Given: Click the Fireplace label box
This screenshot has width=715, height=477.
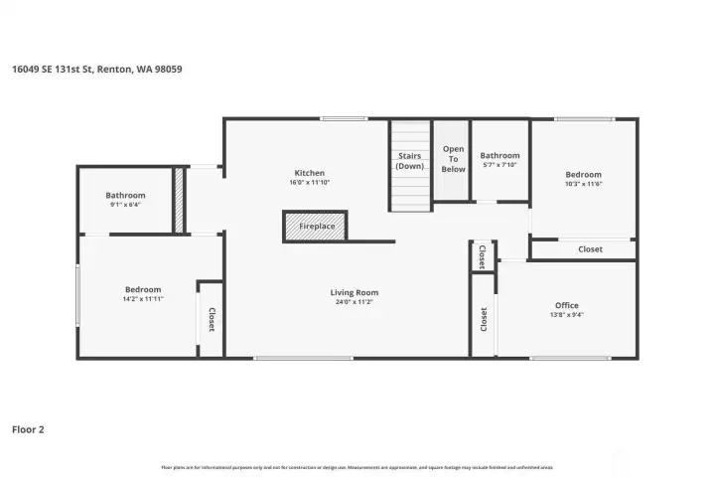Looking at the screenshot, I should pyautogui.click(x=316, y=227).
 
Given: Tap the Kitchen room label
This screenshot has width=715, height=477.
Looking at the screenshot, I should pyautogui.click(x=310, y=172).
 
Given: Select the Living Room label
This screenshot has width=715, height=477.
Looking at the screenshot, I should pyautogui.click(x=355, y=292).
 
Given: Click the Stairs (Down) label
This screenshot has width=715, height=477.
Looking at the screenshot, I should pyautogui.click(x=409, y=161).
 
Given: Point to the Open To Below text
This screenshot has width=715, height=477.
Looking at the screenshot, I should pyautogui.click(x=453, y=159).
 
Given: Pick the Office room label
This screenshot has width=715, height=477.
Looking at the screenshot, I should pyautogui.click(x=566, y=305).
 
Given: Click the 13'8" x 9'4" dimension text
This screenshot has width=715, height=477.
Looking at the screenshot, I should pyautogui.click(x=566, y=315).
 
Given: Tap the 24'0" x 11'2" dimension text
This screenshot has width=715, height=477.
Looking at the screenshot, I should pyautogui.click(x=355, y=302).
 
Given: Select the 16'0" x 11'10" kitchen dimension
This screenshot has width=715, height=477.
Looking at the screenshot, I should pyautogui.click(x=310, y=182).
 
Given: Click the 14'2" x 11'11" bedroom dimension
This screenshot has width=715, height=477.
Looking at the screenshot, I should pyautogui.click(x=143, y=298).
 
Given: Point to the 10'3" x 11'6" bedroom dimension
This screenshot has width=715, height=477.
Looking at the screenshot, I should pyautogui.click(x=583, y=184).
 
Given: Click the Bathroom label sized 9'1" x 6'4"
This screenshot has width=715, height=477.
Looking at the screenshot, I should pyautogui.click(x=125, y=195).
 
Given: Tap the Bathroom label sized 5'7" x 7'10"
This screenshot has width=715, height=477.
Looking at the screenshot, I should pyautogui.click(x=500, y=155).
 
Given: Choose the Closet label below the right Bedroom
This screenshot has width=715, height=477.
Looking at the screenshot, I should pyautogui.click(x=590, y=249).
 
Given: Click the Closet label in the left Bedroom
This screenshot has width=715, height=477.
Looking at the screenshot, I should pyautogui.click(x=212, y=319).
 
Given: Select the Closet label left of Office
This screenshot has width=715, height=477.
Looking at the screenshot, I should pyautogui.click(x=484, y=319).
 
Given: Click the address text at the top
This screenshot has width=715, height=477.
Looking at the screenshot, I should pyautogui.click(x=96, y=69).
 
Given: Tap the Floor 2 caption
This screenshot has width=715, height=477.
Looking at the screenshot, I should pyautogui.click(x=28, y=429).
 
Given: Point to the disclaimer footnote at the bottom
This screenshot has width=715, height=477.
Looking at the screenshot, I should pyautogui.click(x=357, y=466).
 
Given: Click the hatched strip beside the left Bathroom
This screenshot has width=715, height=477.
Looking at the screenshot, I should pyautogui.click(x=179, y=201).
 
